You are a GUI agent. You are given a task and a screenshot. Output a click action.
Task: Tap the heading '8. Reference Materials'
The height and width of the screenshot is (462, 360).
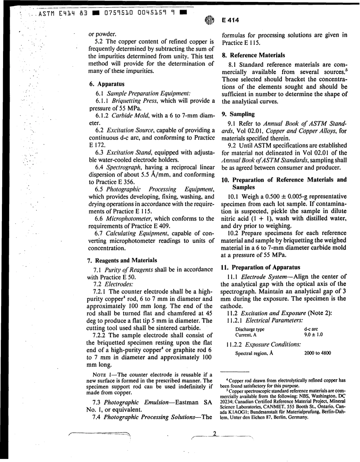point(254,55)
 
